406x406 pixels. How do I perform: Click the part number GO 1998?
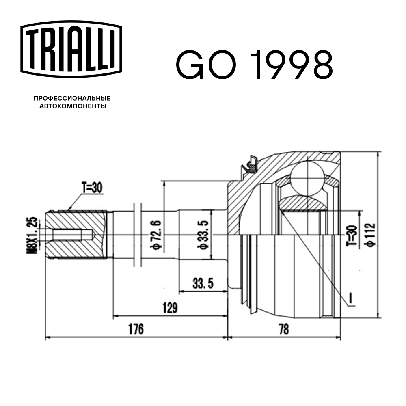tap(254, 65)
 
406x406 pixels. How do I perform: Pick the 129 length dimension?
tap(169, 308)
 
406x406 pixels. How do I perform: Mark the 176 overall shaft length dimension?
tap(136, 329)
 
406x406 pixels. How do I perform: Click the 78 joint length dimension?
tap(284, 329)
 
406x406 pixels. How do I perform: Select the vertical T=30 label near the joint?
tap(352, 235)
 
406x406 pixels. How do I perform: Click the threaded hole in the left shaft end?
tap(73, 235)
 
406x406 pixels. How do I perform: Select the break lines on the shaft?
tap(137, 235)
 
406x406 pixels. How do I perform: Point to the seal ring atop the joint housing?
tap(249, 165)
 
